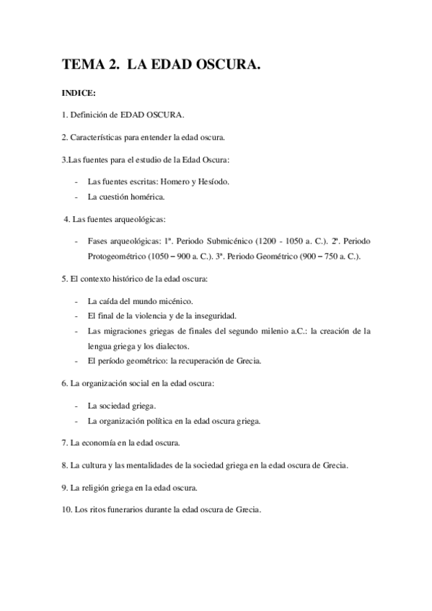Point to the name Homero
coord(191,181)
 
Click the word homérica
coord(146,196)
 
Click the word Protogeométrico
coord(118,257)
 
